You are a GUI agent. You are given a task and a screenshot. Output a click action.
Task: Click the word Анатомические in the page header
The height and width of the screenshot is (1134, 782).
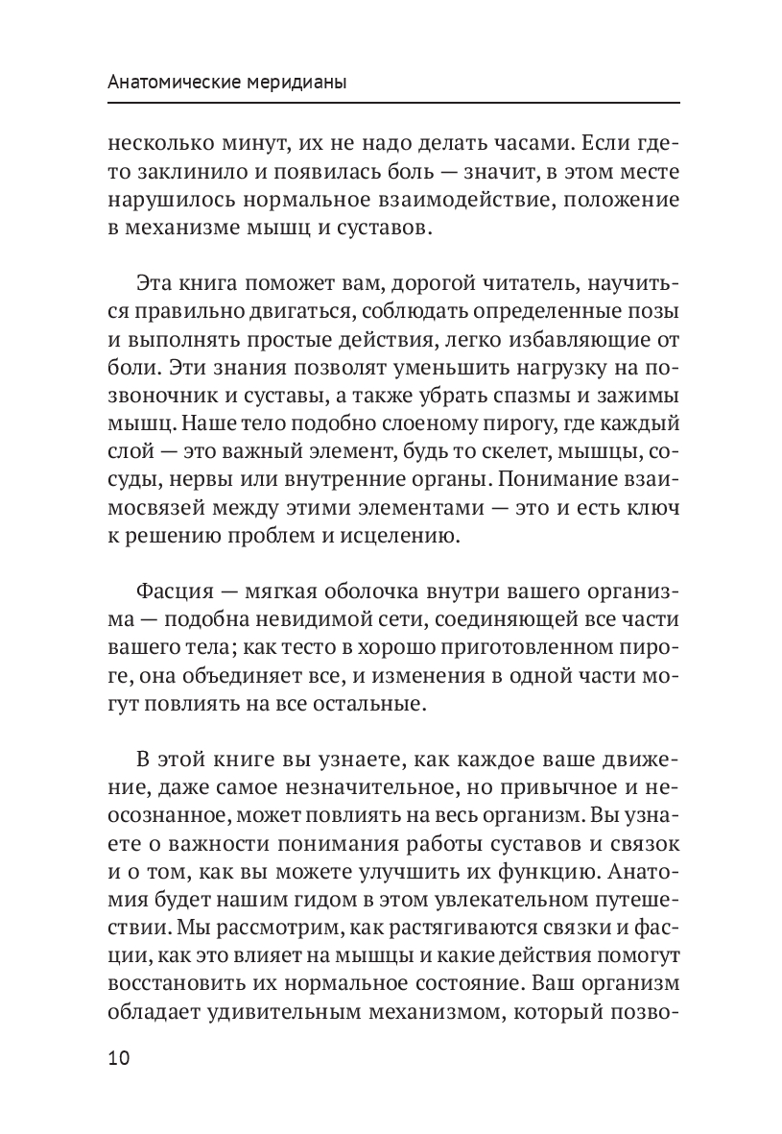coord(162,84)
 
